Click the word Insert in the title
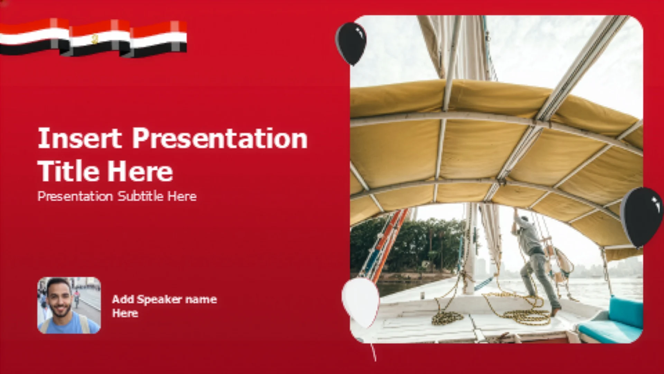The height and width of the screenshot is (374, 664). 80,138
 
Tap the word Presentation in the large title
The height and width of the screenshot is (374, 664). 220,138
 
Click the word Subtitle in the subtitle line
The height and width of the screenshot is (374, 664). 140,196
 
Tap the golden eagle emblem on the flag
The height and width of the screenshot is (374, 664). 95,38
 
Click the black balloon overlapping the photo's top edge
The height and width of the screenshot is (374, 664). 351,43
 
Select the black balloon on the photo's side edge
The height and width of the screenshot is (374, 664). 641,216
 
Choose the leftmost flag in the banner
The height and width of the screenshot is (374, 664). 35,36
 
